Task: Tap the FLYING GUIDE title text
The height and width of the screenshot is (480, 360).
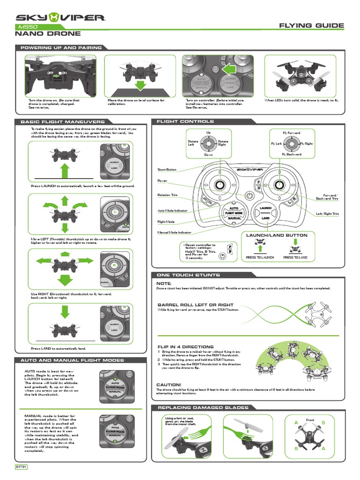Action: coord(311,25)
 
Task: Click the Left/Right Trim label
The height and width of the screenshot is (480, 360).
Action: coord(327,214)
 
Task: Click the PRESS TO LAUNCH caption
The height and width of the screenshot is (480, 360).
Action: coord(260,257)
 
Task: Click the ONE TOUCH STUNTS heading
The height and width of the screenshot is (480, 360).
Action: coord(189,275)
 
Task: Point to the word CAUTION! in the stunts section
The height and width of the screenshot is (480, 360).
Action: coord(169,384)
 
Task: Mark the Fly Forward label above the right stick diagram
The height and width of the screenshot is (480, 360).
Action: coord(291,133)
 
